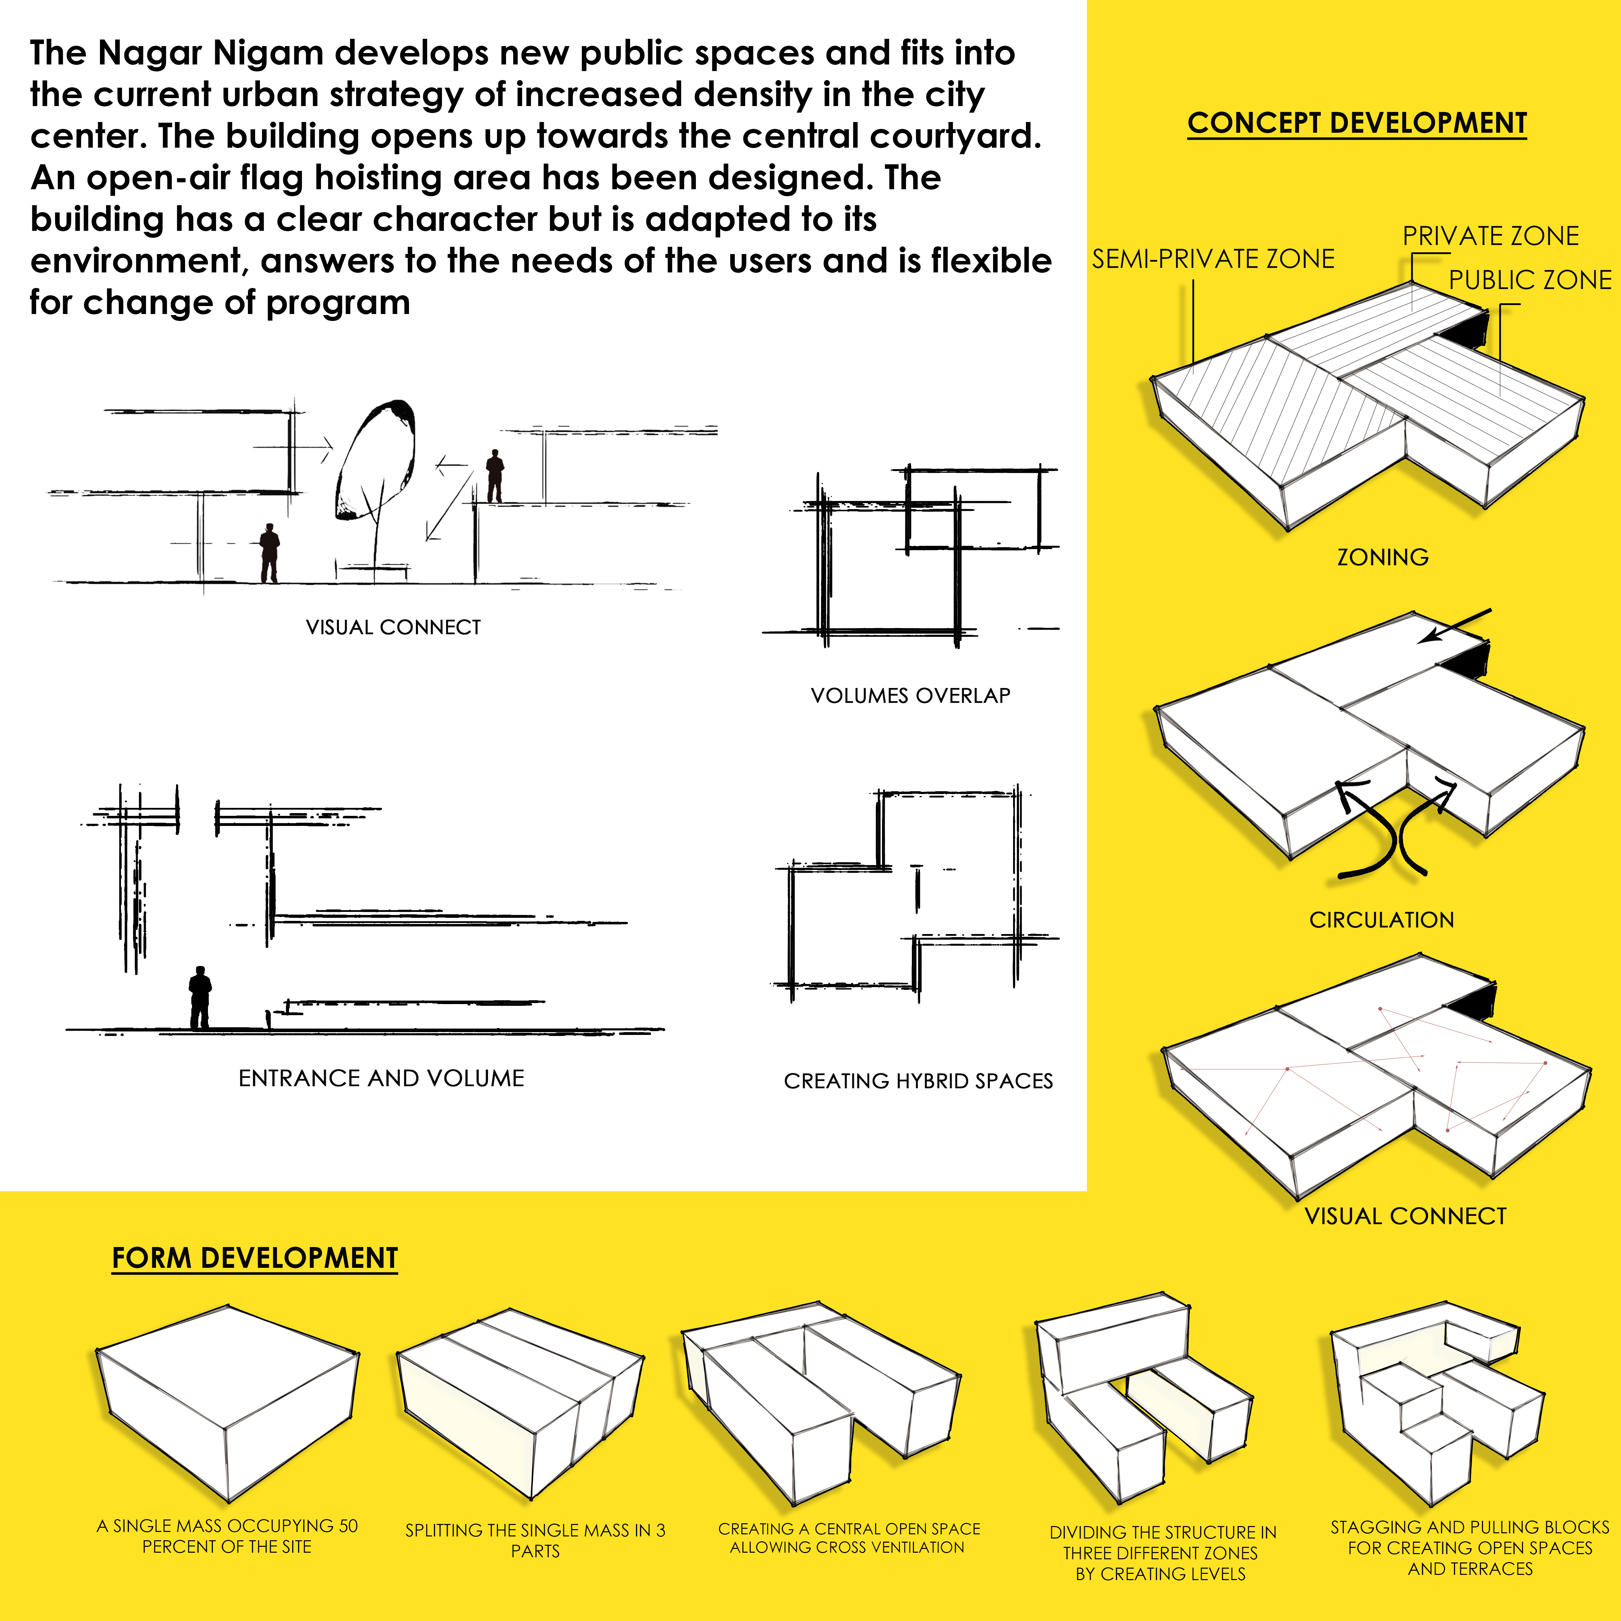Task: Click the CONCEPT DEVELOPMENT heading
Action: (x=1357, y=123)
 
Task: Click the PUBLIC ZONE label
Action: (x=1530, y=280)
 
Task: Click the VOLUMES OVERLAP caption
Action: (x=910, y=696)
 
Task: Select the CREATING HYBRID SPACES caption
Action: (x=918, y=1081)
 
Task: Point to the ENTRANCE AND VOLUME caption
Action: (x=381, y=1078)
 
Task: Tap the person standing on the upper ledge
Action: (x=495, y=476)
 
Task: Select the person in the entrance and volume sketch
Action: (x=200, y=997)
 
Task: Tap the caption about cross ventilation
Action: (x=848, y=1538)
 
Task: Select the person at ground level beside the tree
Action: (x=269, y=553)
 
